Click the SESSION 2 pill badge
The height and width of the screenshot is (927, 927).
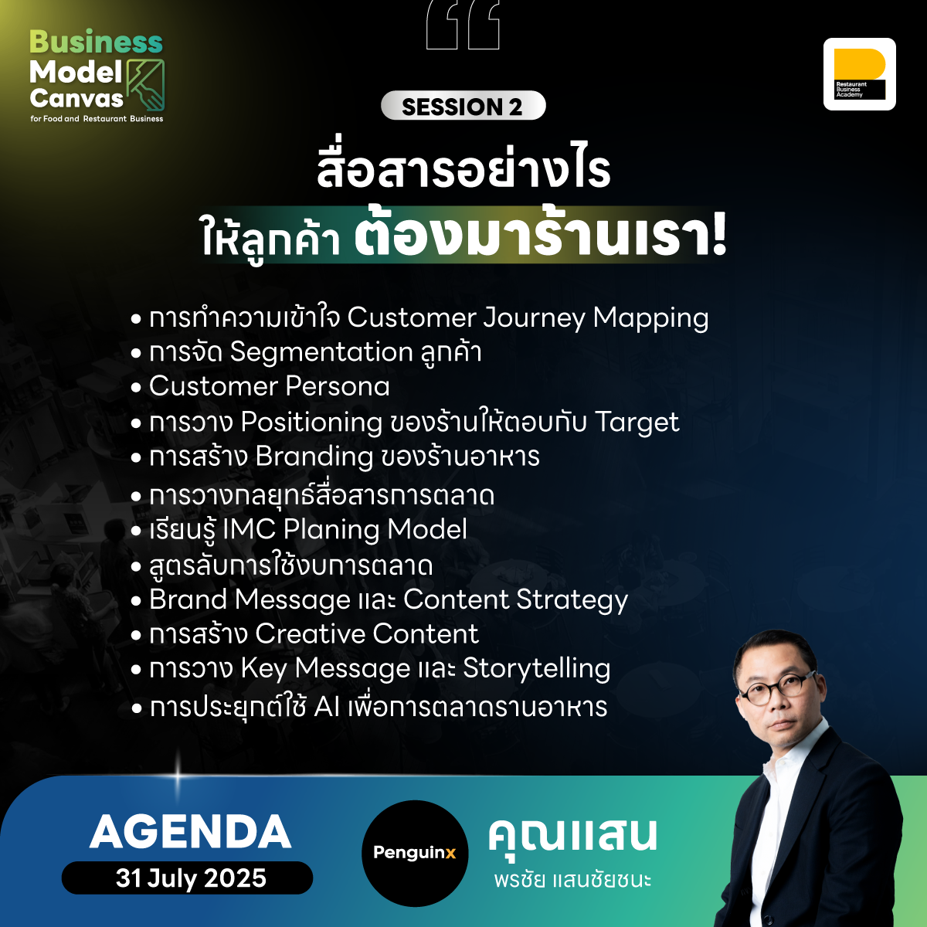463,105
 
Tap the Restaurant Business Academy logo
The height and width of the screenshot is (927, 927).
859,74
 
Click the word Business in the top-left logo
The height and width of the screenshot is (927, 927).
97,42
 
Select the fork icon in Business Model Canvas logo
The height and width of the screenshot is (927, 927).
145,86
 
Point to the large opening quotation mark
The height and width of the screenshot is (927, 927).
463,25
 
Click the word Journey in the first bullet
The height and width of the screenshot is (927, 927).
534,318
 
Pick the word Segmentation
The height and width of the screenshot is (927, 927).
321,352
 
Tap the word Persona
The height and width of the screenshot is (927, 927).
338,386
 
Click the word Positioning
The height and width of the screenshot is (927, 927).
311,423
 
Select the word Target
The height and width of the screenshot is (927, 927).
637,423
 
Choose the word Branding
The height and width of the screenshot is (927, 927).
314,457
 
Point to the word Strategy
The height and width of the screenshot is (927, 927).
572,600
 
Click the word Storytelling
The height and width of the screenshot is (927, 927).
536,669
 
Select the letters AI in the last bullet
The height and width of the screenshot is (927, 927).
327,707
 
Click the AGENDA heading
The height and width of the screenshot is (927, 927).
191,832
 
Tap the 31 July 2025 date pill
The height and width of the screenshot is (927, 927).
187,878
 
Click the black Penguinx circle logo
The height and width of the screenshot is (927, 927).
415,853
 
